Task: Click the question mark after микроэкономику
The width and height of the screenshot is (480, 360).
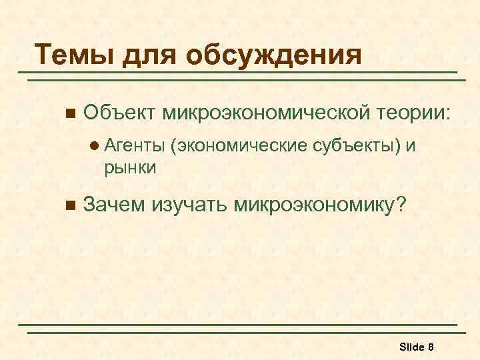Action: [x=399, y=205]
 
